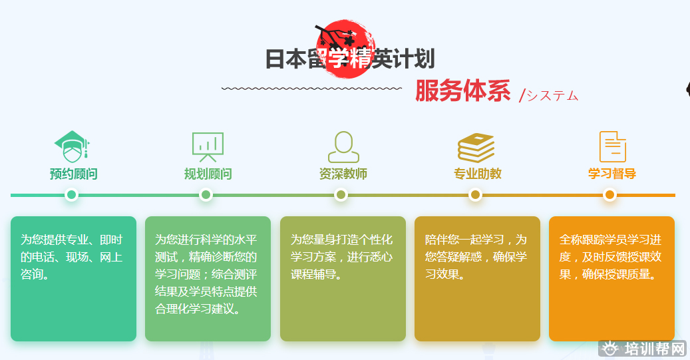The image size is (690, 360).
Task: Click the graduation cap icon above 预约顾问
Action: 72,146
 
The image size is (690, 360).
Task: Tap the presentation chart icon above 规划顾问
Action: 208,147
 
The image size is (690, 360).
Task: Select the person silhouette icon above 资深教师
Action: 343,147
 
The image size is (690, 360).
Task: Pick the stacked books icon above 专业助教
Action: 476,148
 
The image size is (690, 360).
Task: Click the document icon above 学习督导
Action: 613,146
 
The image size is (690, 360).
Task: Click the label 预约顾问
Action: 73,174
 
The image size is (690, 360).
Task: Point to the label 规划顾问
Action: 208,174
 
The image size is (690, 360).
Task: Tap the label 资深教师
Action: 343,174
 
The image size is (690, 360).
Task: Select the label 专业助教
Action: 478,174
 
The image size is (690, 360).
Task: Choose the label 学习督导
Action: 612,174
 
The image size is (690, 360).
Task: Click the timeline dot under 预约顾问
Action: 71,194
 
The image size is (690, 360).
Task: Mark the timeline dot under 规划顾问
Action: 206,194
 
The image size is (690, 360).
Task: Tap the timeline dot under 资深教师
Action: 341,194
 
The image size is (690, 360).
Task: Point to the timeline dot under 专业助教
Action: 475,194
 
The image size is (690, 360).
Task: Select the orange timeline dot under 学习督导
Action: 609,194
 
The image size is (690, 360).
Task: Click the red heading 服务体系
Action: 462,90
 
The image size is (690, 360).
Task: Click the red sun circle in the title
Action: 345,49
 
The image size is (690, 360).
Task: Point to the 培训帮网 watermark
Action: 643,349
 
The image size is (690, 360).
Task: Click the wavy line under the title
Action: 311,89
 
